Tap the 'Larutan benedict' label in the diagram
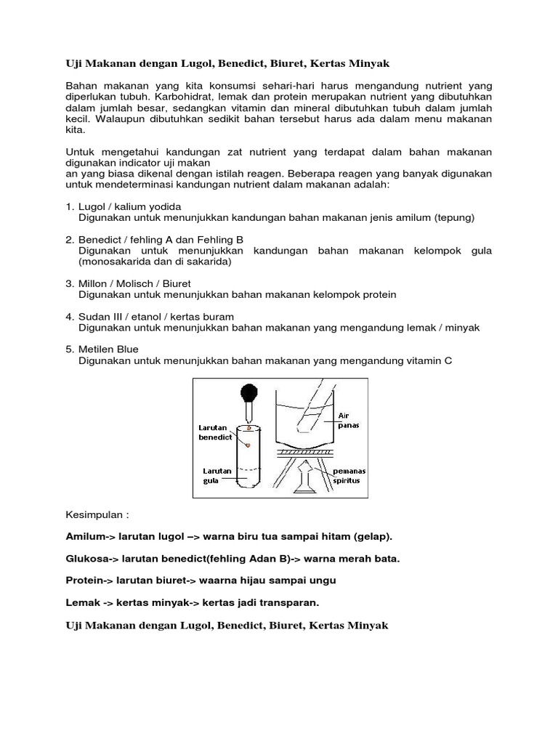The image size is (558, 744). [x=216, y=432]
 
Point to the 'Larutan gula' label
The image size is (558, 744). [x=217, y=476]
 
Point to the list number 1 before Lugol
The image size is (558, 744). [x=69, y=206]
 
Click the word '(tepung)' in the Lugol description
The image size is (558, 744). [x=454, y=217]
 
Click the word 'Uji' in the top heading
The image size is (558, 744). [x=75, y=65]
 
